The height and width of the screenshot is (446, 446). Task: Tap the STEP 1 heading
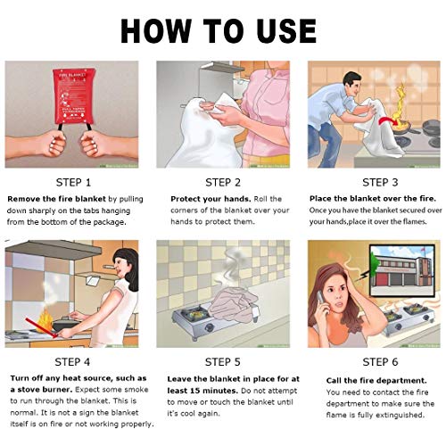73,183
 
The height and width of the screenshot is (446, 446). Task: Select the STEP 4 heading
72,362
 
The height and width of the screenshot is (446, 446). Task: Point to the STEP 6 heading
380,362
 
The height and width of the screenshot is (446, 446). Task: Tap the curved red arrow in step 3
388,120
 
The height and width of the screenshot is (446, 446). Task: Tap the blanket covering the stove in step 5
234,304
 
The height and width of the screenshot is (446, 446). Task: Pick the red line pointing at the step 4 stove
41,328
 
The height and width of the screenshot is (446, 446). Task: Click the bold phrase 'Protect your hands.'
211,199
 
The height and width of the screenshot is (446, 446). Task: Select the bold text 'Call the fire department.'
376,381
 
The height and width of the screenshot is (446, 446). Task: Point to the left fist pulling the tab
54,144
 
